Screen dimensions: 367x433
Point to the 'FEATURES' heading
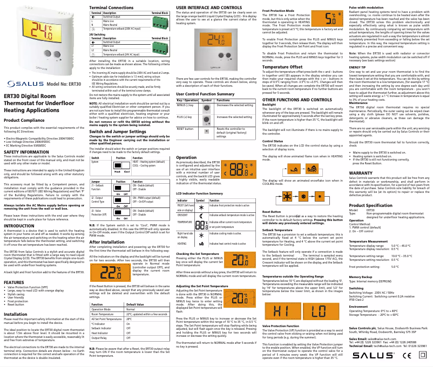pyautogui.click(x=13, y=282)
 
